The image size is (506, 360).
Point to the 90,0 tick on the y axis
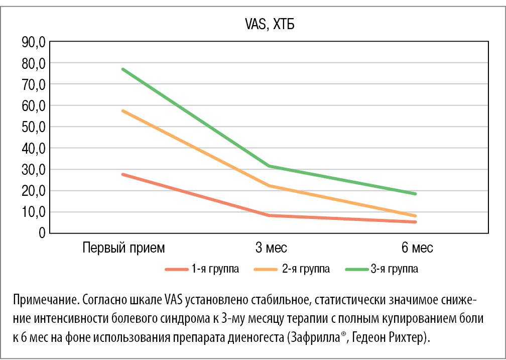point(34,42)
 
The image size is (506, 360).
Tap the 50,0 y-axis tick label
point(34,127)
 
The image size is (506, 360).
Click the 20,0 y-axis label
point(34,191)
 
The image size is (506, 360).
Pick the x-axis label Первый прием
point(123,248)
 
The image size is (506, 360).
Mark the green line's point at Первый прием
point(123,69)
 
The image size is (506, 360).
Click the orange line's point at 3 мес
point(270,186)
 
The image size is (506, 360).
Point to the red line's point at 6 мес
point(415,222)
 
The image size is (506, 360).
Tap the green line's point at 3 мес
point(270,166)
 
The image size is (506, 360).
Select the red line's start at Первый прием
point(123,174)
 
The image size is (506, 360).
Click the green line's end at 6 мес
point(415,194)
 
